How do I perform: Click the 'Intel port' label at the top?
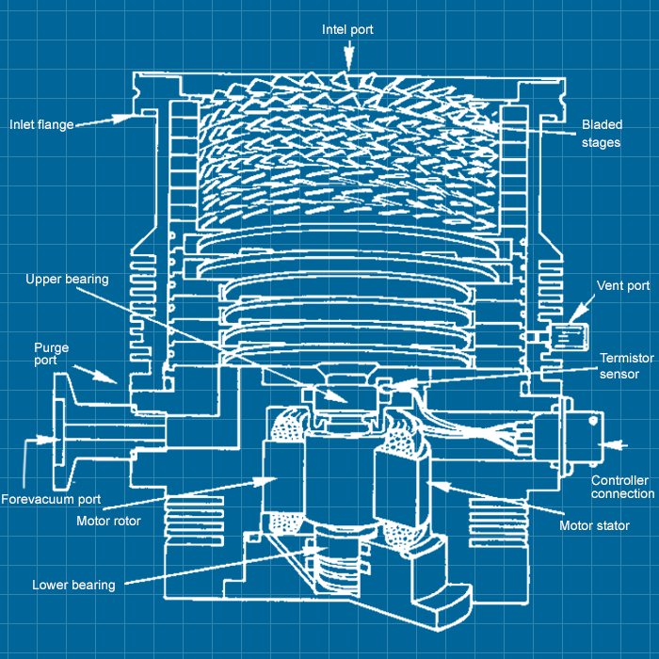click(x=347, y=29)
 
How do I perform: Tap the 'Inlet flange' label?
click(x=41, y=124)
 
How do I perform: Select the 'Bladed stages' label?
click(x=602, y=134)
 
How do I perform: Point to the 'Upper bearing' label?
click(x=67, y=279)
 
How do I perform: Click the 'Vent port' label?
click(x=622, y=285)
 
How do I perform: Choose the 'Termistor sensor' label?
click(x=626, y=366)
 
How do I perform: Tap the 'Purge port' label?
click(x=51, y=354)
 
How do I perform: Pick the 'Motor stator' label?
click(x=594, y=525)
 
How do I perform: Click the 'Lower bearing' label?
click(x=73, y=585)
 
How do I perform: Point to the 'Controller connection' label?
click(x=622, y=487)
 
